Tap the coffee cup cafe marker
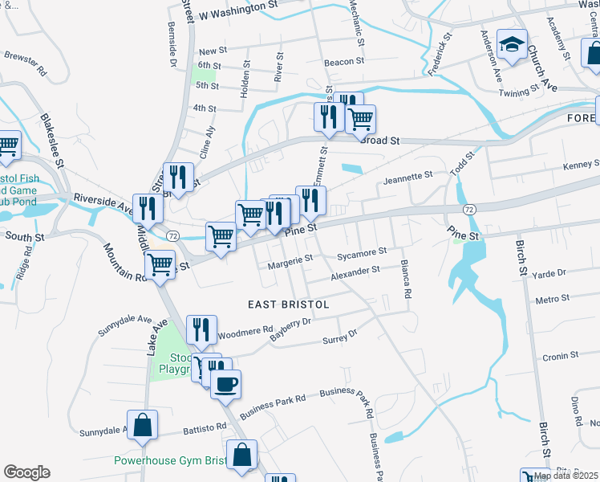pos(225,383)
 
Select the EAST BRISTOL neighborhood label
pos(289,305)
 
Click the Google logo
pos(26,472)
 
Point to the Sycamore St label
pos(362,252)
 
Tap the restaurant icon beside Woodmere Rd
pos(201,329)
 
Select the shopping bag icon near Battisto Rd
pos(142,426)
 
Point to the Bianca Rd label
pos(406,280)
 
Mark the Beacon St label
pos(345,61)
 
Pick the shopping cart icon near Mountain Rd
pos(160,263)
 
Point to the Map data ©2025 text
pos(566,475)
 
